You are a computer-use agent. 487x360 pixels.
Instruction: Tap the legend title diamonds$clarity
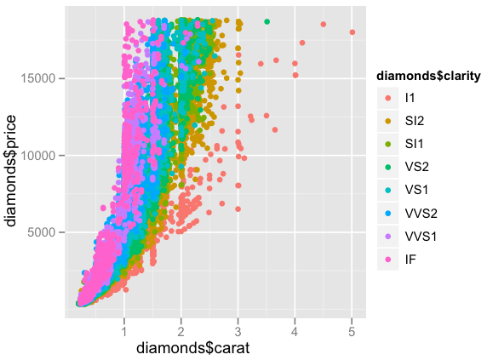(430, 77)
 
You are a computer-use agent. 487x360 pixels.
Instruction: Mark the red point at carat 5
(352, 32)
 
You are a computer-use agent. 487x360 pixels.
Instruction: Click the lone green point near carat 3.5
(266, 21)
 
